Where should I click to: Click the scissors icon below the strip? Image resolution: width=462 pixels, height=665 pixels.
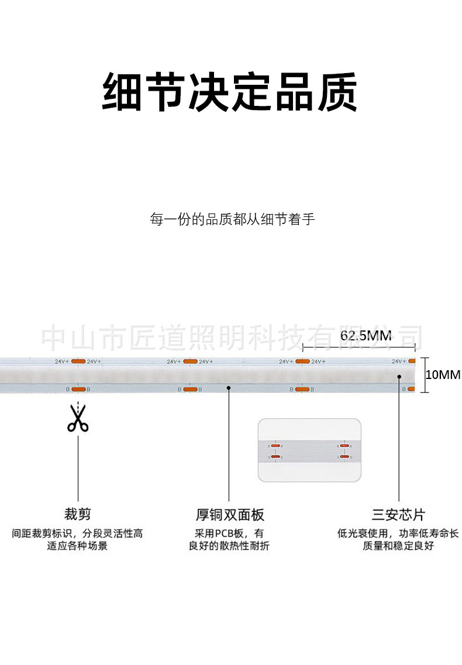(x=78, y=418)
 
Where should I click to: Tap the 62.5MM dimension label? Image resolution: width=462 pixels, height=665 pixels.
(x=366, y=336)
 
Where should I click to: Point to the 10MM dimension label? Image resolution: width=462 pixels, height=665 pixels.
(x=443, y=374)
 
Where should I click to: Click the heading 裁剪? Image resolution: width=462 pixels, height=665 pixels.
(x=78, y=515)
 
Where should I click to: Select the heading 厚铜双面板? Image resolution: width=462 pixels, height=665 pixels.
(x=230, y=515)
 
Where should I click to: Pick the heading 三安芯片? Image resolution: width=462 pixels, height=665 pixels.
(x=399, y=515)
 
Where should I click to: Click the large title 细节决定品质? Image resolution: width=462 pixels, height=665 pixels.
(x=230, y=92)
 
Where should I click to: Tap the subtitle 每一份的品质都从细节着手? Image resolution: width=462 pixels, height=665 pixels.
(x=232, y=220)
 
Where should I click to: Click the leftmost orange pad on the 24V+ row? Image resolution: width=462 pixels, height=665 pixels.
(x=78, y=361)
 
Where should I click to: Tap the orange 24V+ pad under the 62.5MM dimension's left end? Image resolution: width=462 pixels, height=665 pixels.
(x=302, y=361)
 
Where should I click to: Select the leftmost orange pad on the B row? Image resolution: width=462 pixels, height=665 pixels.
(x=78, y=389)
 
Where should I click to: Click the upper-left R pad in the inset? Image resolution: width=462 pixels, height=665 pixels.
(x=275, y=446)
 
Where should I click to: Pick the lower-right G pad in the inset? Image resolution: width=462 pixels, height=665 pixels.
(x=344, y=456)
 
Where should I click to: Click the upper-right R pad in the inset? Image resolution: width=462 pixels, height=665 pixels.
(x=344, y=446)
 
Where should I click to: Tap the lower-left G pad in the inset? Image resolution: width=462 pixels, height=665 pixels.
(x=275, y=456)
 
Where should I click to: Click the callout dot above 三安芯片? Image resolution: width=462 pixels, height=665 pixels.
(x=399, y=376)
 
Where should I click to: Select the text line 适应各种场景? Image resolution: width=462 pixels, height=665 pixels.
(x=78, y=546)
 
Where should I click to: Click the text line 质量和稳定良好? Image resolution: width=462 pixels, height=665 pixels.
(x=399, y=546)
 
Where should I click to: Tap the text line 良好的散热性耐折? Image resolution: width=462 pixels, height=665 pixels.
(x=229, y=546)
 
